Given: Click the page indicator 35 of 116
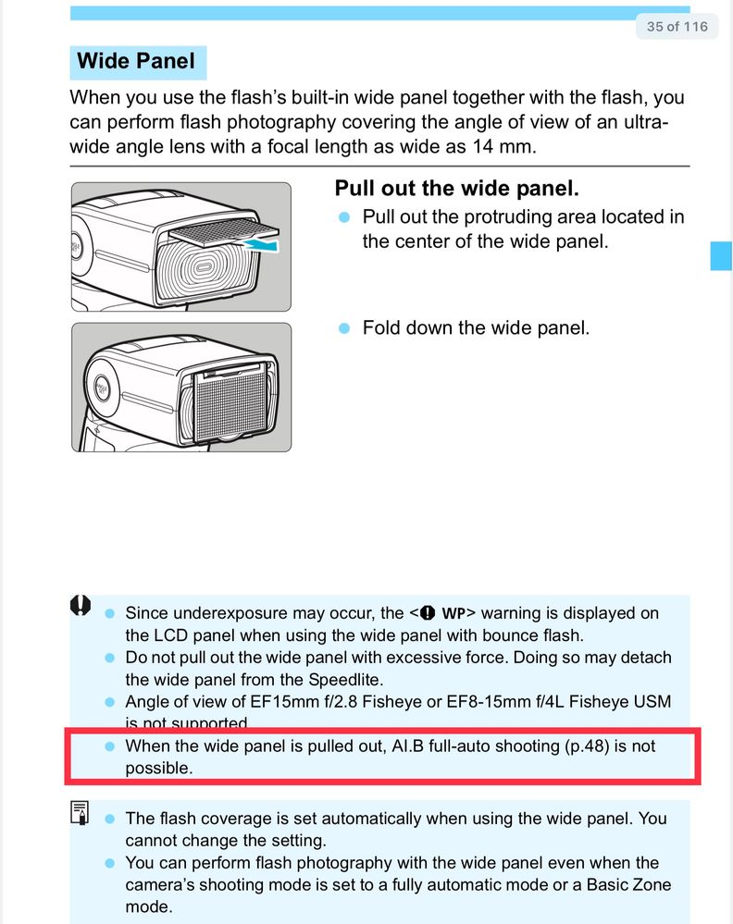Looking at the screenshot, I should [677, 27].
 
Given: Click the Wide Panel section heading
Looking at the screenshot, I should [136, 62].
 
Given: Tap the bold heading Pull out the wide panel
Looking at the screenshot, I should [456, 189].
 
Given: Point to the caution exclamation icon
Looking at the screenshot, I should [81, 606].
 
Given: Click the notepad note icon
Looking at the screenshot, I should [81, 813].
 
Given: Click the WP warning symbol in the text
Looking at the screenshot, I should [445, 613].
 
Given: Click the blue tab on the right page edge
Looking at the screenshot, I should [721, 254].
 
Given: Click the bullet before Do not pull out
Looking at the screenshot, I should [108, 658].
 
